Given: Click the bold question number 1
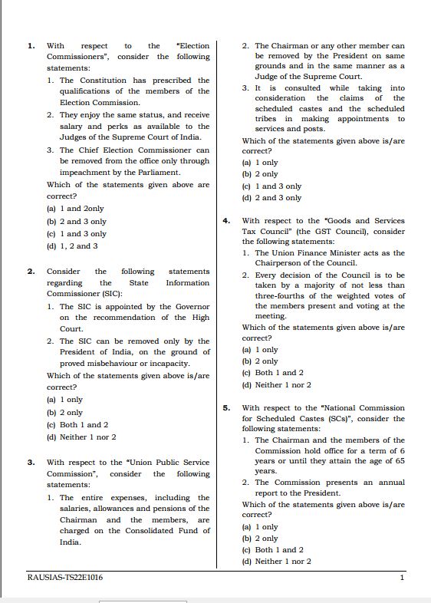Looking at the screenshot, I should (x=31, y=46).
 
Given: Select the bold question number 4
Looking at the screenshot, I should (x=226, y=221).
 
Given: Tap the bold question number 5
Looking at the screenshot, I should (x=226, y=408).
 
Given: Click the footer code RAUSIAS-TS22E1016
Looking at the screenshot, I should (x=64, y=578).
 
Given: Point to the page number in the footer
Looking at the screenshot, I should (x=402, y=578).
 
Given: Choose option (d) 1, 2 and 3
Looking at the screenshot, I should (x=73, y=246).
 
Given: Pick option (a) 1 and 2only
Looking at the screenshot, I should (x=75, y=209).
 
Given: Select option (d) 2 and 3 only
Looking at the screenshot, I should (x=271, y=198).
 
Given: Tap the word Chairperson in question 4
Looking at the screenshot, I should (x=281, y=263).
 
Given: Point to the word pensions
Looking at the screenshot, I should (x=169, y=509).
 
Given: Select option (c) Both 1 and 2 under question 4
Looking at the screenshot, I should (x=272, y=373).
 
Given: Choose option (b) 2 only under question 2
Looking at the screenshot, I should (x=65, y=413).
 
